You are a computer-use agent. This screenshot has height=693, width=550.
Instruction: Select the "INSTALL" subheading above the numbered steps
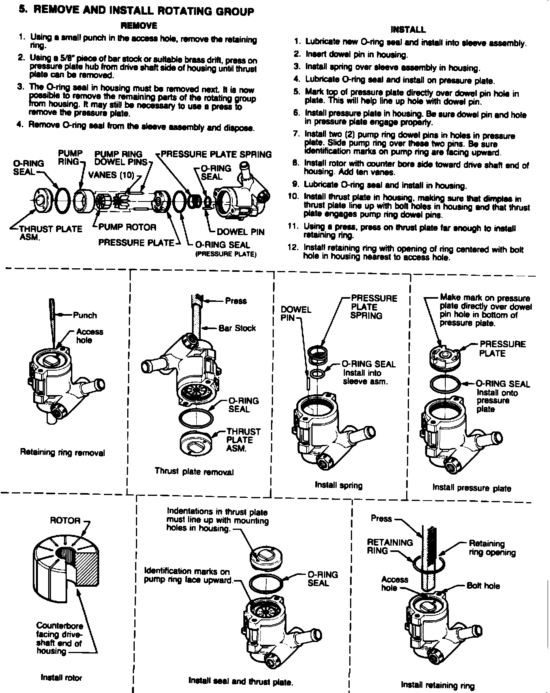pos(408,30)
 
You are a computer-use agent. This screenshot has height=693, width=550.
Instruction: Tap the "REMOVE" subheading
pos(139,26)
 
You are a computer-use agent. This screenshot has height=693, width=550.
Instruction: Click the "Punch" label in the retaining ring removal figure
pos(85,315)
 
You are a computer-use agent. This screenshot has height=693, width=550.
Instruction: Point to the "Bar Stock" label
pos(237,328)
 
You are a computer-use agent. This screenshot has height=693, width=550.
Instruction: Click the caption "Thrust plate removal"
pos(194,471)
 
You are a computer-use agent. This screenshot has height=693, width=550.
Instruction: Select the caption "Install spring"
pos(339,485)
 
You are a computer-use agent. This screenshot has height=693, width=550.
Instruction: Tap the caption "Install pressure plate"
pos(471,488)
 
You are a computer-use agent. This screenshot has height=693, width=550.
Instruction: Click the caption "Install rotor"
pos(61,678)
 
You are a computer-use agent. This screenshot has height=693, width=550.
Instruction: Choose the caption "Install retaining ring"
pos(437,685)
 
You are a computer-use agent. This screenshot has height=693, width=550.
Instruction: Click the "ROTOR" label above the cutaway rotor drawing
pos(65,521)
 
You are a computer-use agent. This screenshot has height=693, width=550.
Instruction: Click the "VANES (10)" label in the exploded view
pos(111,175)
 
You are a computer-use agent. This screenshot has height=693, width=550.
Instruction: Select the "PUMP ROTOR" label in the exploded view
pos(127,227)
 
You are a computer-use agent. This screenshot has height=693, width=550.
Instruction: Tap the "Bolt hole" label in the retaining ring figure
pos(483,586)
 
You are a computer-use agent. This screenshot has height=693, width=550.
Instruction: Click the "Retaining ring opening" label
pos(492,548)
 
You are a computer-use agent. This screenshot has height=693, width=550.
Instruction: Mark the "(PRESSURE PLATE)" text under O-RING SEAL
pos(226,254)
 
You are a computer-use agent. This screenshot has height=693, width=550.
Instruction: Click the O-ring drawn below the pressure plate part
pos(445,384)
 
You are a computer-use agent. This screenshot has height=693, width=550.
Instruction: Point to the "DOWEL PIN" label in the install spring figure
pos(296,314)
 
